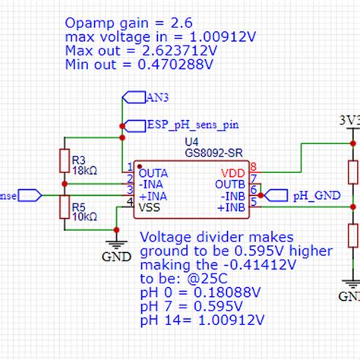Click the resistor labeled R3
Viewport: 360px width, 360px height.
pos(64,162)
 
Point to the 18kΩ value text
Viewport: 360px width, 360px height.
pos(85,172)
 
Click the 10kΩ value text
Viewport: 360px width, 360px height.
pos(85,216)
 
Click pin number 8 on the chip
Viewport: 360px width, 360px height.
pos(253,167)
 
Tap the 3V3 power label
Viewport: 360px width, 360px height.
pos(349,120)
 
